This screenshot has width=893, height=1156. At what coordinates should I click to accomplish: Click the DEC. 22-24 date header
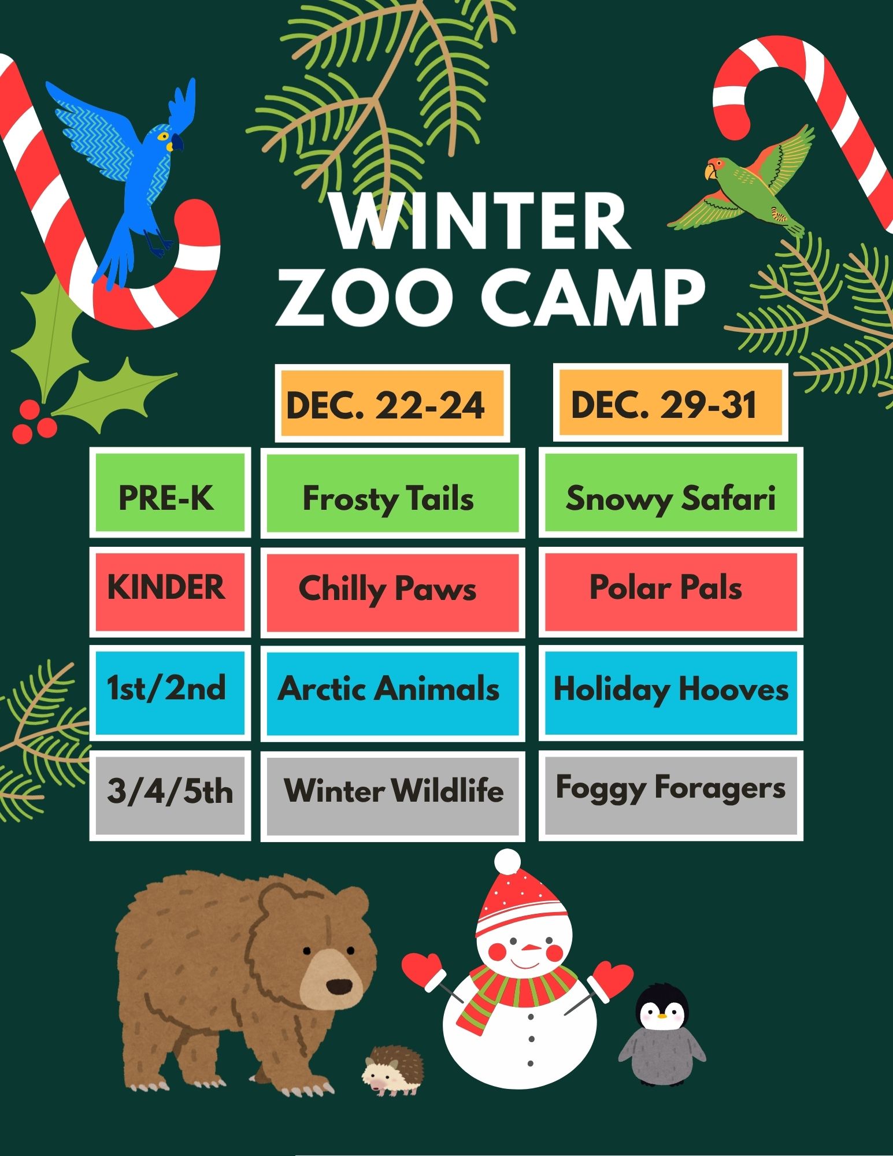[392, 403]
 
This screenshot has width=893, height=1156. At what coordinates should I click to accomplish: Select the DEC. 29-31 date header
[670, 402]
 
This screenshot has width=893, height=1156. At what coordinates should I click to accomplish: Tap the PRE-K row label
[170, 492]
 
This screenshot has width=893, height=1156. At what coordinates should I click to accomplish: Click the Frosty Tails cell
[392, 493]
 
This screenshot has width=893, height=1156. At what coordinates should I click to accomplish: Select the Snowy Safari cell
[671, 492]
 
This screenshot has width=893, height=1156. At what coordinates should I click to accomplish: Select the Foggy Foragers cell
[671, 795]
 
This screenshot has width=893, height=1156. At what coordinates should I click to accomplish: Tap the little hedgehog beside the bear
[393, 1070]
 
